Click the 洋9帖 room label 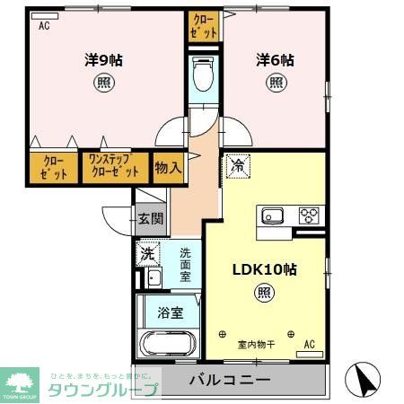104,60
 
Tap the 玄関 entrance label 151,218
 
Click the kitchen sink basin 272,215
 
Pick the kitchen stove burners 309,215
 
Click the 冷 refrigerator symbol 237,166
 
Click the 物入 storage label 168,166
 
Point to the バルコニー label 229,380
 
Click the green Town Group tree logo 22,381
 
